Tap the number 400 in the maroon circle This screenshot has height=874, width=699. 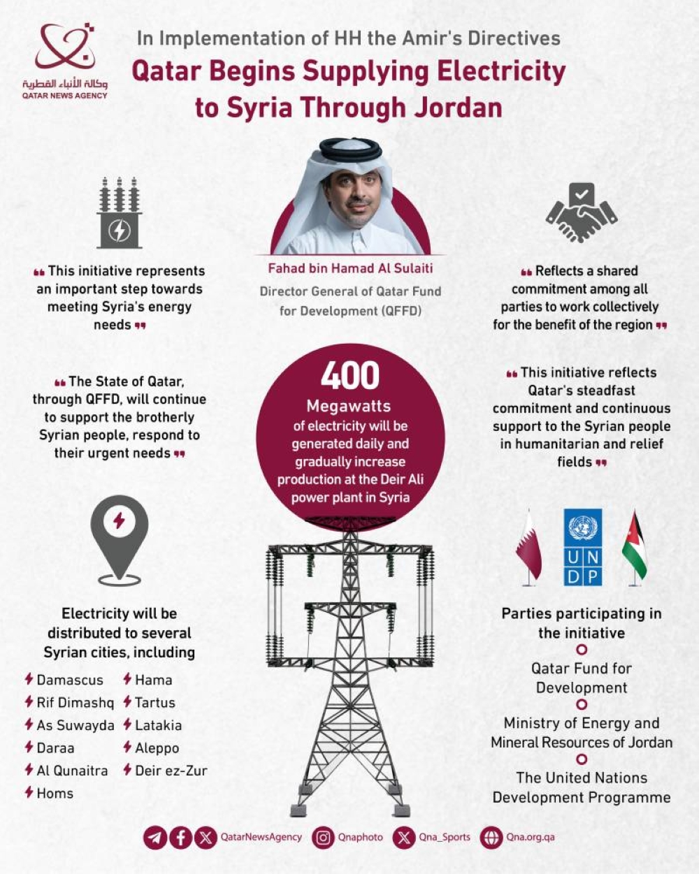click(350, 376)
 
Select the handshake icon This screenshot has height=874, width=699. click(582, 214)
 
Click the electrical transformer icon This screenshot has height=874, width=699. click(120, 213)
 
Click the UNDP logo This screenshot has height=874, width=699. click(582, 547)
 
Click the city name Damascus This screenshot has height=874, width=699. click(70, 680)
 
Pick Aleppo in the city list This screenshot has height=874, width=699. click(157, 748)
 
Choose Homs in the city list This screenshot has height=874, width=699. click(55, 793)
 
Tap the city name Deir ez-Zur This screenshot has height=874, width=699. click(171, 771)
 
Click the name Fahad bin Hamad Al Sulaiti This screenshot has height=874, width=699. click(350, 268)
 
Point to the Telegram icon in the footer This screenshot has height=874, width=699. click(155, 837)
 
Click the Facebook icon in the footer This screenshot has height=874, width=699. click(180, 837)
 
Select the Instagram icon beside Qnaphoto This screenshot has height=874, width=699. click(323, 837)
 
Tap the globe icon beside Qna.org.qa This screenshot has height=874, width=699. click(492, 837)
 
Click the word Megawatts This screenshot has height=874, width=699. click(349, 406)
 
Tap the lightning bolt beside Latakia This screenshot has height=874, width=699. click(128, 724)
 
